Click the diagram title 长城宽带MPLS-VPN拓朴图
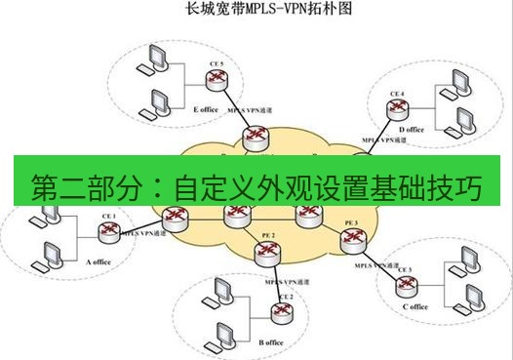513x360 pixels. point(256,12)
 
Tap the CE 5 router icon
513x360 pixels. point(217,81)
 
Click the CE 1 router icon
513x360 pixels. point(108,232)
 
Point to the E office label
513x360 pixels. point(206,109)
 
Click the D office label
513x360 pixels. point(411,129)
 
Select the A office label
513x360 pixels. point(100,261)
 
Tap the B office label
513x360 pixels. point(270,342)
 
